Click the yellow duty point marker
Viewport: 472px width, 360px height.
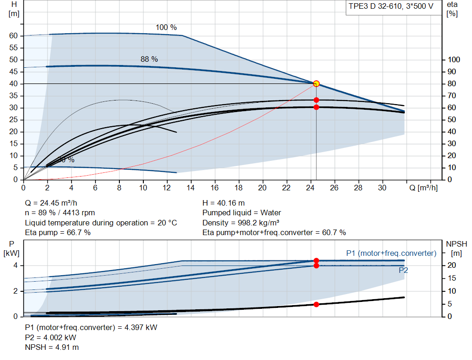[316, 84]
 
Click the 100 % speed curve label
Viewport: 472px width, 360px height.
[166, 27]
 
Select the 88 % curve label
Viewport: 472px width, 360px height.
[149, 59]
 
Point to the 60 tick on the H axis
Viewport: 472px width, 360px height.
[13, 35]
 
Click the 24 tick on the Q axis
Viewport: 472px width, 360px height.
[310, 188]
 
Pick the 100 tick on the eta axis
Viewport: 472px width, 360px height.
[454, 59]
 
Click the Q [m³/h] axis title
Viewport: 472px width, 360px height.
[424, 188]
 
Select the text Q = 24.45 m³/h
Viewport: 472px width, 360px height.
[51, 203]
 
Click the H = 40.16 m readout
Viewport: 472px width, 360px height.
[224, 203]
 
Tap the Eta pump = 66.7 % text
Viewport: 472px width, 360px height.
[58, 232]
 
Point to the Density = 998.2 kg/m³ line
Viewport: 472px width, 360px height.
[241, 223]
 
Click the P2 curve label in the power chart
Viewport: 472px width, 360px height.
[403, 270]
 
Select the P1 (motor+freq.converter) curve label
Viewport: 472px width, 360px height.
[391, 253]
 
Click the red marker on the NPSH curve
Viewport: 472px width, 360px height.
[316, 305]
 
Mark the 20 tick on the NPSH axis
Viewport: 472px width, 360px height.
[452, 265]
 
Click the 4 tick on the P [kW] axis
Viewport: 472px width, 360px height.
[15, 266]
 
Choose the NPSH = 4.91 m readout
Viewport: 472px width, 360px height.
[52, 347]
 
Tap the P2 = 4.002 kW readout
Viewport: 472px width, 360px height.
[51, 337]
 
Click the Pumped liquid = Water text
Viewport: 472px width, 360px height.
[242, 213]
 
